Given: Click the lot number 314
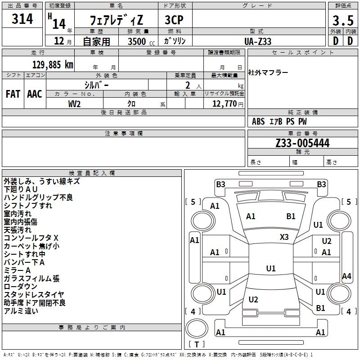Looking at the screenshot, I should tap(22, 19).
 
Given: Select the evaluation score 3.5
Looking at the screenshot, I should tap(342, 21).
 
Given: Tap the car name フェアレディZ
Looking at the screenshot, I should tap(116, 20).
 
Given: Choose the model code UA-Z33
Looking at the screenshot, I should tap(258, 41).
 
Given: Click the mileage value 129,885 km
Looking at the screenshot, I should tap(53, 64).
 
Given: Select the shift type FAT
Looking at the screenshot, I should tap(13, 94).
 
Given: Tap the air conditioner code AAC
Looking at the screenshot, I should tap(35, 94).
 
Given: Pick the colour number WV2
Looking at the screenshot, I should tap(74, 103).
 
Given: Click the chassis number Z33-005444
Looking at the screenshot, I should tap(302, 143).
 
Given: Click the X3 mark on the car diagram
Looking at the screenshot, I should tap(284, 237).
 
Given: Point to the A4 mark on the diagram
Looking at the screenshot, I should tap(346, 276).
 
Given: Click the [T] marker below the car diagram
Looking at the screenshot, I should tap(196, 345).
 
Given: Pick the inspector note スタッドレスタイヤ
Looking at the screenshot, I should tap(34, 294).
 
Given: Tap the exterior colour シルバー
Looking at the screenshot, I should tap(96, 85).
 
